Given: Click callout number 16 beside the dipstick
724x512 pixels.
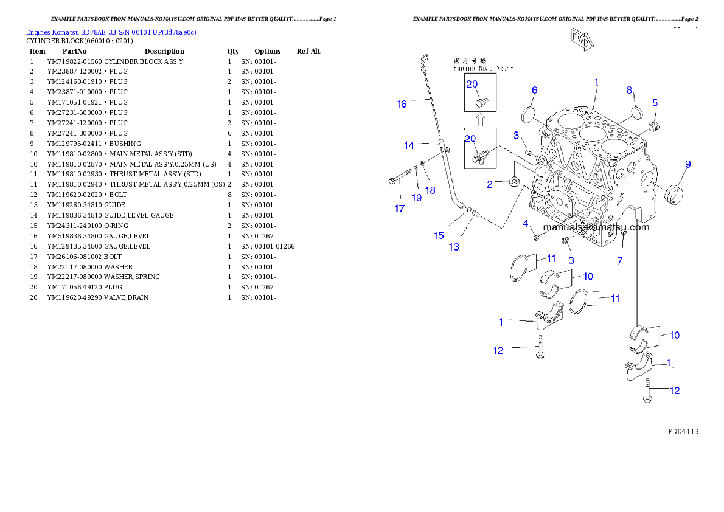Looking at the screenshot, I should tap(402, 104).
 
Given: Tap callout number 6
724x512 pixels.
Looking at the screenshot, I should tap(534, 90).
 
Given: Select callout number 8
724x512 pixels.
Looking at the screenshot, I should tap(630, 90).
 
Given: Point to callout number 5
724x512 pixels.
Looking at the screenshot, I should tap(655, 103).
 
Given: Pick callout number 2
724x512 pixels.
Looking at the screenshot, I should tap(490, 184).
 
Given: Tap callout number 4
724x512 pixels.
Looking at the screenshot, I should tap(526, 224).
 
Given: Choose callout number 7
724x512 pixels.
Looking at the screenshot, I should tap(620, 261).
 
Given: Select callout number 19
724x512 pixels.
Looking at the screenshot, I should tap(416, 197).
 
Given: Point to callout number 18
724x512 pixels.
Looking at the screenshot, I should tap(430, 190).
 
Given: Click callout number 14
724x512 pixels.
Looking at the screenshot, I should tap(409, 145).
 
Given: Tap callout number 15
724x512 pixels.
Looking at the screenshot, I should tap(439, 235).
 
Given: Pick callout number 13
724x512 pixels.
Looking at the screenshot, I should tap(454, 247).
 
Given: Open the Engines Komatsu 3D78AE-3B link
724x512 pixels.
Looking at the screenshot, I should tap(111, 32).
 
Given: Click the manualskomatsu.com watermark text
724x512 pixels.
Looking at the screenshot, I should tap(596, 227).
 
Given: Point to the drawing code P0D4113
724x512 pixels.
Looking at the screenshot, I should tap(683, 431).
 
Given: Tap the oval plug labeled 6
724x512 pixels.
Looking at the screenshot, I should tap(528, 116).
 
